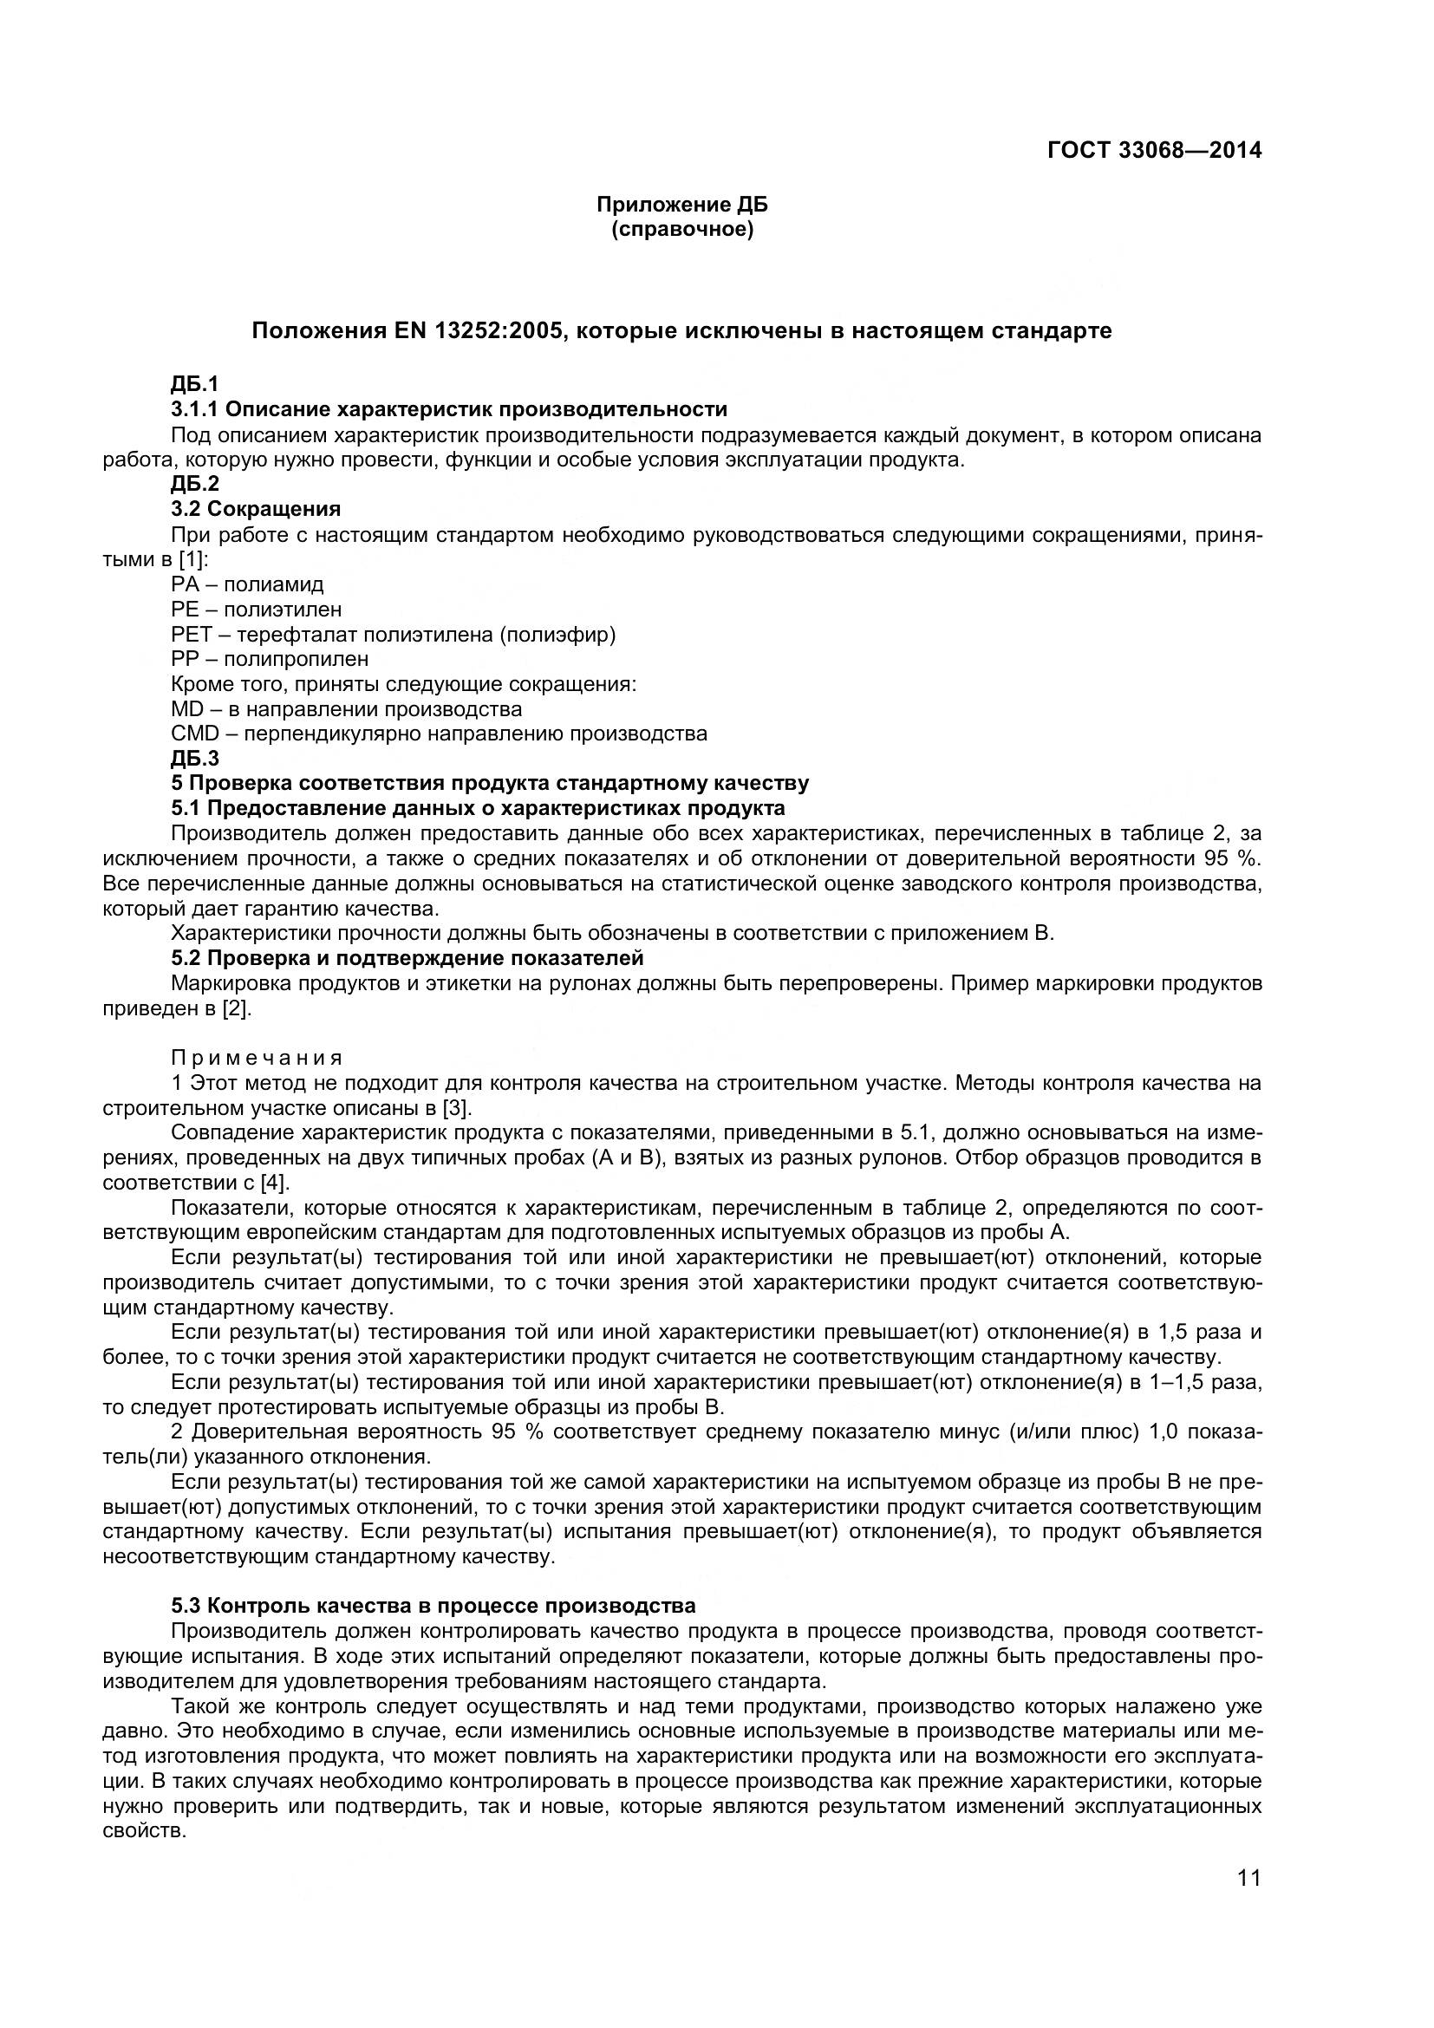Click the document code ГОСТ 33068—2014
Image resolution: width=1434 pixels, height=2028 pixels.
coord(1154,150)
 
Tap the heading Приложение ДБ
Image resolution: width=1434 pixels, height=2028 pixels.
coord(681,205)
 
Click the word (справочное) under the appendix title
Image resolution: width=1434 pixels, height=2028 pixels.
coord(681,231)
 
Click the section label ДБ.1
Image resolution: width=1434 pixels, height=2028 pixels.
coord(194,383)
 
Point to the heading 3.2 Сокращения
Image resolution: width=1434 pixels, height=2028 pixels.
coord(256,509)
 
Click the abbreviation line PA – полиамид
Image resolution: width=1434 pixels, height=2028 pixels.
coord(247,584)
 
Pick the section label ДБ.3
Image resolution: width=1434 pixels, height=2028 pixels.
coord(194,758)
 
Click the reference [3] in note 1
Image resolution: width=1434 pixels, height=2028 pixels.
coord(459,1107)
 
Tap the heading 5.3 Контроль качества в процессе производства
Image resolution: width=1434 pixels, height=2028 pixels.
coord(433,1605)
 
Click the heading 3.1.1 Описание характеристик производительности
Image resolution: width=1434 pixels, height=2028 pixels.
coord(449,409)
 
